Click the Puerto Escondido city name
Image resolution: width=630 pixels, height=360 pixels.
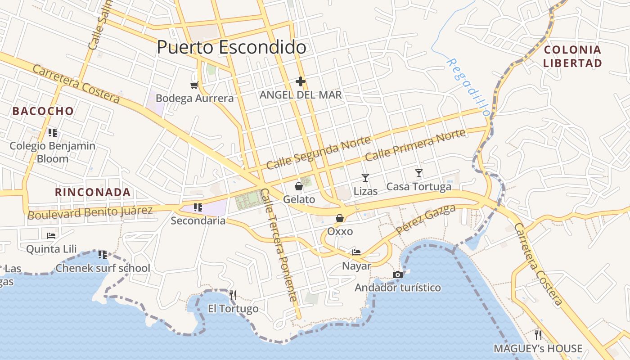click(231, 47)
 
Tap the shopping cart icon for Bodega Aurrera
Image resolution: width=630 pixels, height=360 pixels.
click(194, 85)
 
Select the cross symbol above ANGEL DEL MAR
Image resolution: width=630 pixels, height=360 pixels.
click(301, 81)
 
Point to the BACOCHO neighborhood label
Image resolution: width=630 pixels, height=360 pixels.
click(43, 111)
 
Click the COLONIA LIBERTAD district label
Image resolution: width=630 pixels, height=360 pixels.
click(572, 56)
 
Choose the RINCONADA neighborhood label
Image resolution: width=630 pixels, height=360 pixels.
click(93, 192)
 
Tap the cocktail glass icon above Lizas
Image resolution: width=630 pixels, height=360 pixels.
click(365, 178)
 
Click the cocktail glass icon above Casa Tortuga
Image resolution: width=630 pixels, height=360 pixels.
click(419, 173)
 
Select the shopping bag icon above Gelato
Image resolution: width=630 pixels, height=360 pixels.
click(298, 186)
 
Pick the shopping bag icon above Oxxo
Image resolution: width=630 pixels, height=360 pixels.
click(340, 218)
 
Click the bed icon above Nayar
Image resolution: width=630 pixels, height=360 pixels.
click(356, 252)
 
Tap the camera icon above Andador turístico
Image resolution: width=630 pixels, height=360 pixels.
click(397, 274)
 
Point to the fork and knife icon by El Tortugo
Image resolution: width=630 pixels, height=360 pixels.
click(233, 295)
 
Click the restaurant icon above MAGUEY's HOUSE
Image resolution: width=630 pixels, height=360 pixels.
click(538, 335)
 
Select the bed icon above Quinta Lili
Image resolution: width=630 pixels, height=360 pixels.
click(51, 235)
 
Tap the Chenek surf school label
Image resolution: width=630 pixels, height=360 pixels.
click(103, 268)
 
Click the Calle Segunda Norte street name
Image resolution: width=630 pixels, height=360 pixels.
click(318, 153)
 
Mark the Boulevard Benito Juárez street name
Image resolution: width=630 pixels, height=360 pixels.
click(90, 212)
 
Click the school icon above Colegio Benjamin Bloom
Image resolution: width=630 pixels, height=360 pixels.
click(53, 132)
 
